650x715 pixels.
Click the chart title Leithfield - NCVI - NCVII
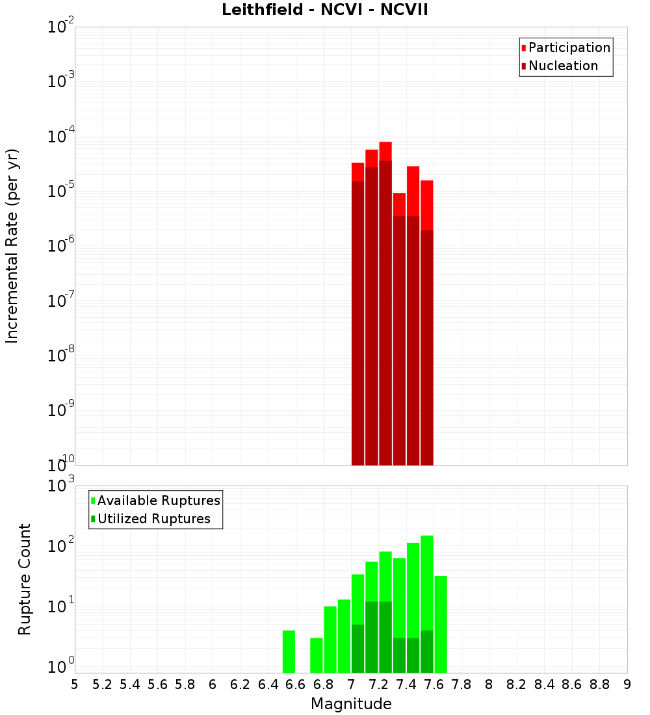[x=324, y=10]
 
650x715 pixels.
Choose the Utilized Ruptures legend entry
[x=153, y=519]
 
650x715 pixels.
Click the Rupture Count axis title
[x=25, y=579]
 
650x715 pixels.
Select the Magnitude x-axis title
[x=351, y=704]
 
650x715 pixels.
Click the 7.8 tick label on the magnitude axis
[x=461, y=684]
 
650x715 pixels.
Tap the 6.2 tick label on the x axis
[x=240, y=684]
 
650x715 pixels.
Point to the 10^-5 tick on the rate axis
[x=61, y=191]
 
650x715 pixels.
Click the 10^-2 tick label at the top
[x=61, y=27]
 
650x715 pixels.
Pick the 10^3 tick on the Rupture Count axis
[x=61, y=486]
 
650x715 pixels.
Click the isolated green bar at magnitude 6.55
[x=289, y=651]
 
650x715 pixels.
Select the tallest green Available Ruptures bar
[x=427, y=604]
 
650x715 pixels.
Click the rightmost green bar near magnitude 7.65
[x=441, y=624]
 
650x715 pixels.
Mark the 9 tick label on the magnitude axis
[x=627, y=684]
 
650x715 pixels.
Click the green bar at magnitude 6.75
[x=317, y=655]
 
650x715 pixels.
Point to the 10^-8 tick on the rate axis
[x=61, y=356]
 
